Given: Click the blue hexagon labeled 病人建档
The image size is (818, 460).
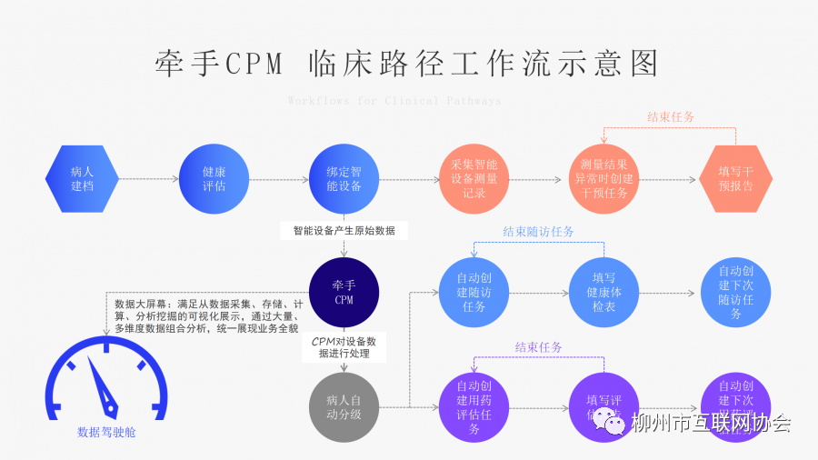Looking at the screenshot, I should (x=82, y=179).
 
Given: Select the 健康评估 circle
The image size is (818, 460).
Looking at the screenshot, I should (x=214, y=179).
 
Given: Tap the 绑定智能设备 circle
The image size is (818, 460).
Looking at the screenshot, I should (x=344, y=179).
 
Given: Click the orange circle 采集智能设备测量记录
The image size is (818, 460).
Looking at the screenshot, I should (x=474, y=179).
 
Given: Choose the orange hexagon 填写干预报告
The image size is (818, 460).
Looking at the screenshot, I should (x=735, y=179).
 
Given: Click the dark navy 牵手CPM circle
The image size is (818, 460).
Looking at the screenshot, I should (x=344, y=292).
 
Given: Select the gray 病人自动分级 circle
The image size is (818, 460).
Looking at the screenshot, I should (x=344, y=406).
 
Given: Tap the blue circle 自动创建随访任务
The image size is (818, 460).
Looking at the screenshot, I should (x=474, y=292).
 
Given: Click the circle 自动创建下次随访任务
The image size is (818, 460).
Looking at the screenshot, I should (x=735, y=292).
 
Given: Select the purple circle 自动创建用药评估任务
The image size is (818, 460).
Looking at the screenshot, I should (x=474, y=406).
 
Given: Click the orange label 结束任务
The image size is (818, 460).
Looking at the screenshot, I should (x=671, y=117).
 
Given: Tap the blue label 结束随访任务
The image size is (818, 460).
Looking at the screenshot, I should (x=539, y=232).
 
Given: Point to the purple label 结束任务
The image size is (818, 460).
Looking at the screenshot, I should (x=539, y=347).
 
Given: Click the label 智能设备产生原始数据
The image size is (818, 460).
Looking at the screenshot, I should (x=344, y=231).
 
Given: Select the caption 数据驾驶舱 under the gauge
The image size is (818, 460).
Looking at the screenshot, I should (x=106, y=433).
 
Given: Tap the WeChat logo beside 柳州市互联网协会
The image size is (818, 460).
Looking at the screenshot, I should (x=614, y=425).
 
